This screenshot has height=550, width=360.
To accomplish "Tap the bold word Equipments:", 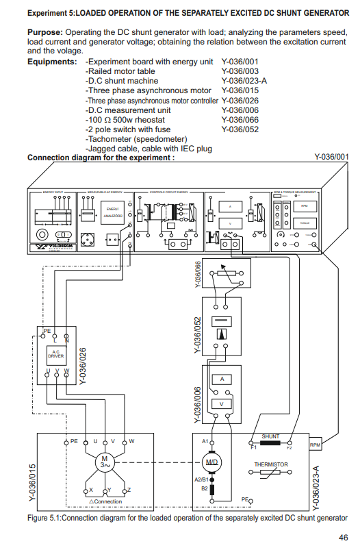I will [52, 62].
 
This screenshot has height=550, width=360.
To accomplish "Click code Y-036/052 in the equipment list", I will [240, 129].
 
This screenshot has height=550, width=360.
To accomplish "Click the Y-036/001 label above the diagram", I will [331, 157].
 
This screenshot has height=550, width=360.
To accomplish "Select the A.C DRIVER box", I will [55, 355].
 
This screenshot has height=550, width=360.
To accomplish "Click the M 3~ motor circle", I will [105, 462].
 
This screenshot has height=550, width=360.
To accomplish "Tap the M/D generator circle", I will [212, 462].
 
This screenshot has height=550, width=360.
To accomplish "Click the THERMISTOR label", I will [271, 464].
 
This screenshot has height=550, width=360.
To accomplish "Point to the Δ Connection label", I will [106, 501].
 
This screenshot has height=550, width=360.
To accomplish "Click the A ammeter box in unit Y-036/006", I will [221, 379].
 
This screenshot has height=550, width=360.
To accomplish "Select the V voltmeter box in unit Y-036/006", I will [221, 404].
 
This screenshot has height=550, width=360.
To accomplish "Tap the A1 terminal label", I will [205, 442].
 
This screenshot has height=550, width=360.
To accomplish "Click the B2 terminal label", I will [204, 488].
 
